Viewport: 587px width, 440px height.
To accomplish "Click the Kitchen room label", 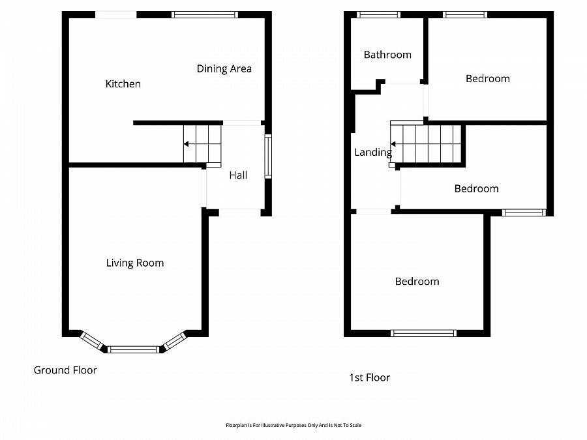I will click(123, 84).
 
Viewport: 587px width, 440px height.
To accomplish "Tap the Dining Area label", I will click(224, 68).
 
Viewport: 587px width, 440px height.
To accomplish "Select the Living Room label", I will click(135, 263).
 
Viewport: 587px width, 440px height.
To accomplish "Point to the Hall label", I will click(238, 175).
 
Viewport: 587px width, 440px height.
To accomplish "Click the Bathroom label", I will click(387, 55).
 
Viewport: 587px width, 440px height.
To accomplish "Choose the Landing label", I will click(373, 153).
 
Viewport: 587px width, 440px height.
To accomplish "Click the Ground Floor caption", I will click(65, 370).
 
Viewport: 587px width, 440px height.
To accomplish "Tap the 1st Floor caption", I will click(369, 377).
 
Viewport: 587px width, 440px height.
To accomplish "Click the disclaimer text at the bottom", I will click(293, 425).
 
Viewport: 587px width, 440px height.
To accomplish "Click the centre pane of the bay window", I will click(133, 349).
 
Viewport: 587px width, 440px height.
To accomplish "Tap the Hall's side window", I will click(267, 156).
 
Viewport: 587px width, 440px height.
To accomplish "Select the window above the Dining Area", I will click(204, 14).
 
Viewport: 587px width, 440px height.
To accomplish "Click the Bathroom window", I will click(379, 14).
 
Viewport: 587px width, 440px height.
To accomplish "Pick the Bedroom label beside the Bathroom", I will click(487, 79).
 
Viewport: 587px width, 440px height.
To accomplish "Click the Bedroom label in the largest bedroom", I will click(417, 282).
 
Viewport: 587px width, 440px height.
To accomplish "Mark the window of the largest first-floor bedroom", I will click(423, 333).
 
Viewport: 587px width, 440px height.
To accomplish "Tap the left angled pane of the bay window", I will click(93, 341).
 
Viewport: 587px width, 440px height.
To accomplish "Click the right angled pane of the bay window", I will click(175, 341).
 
